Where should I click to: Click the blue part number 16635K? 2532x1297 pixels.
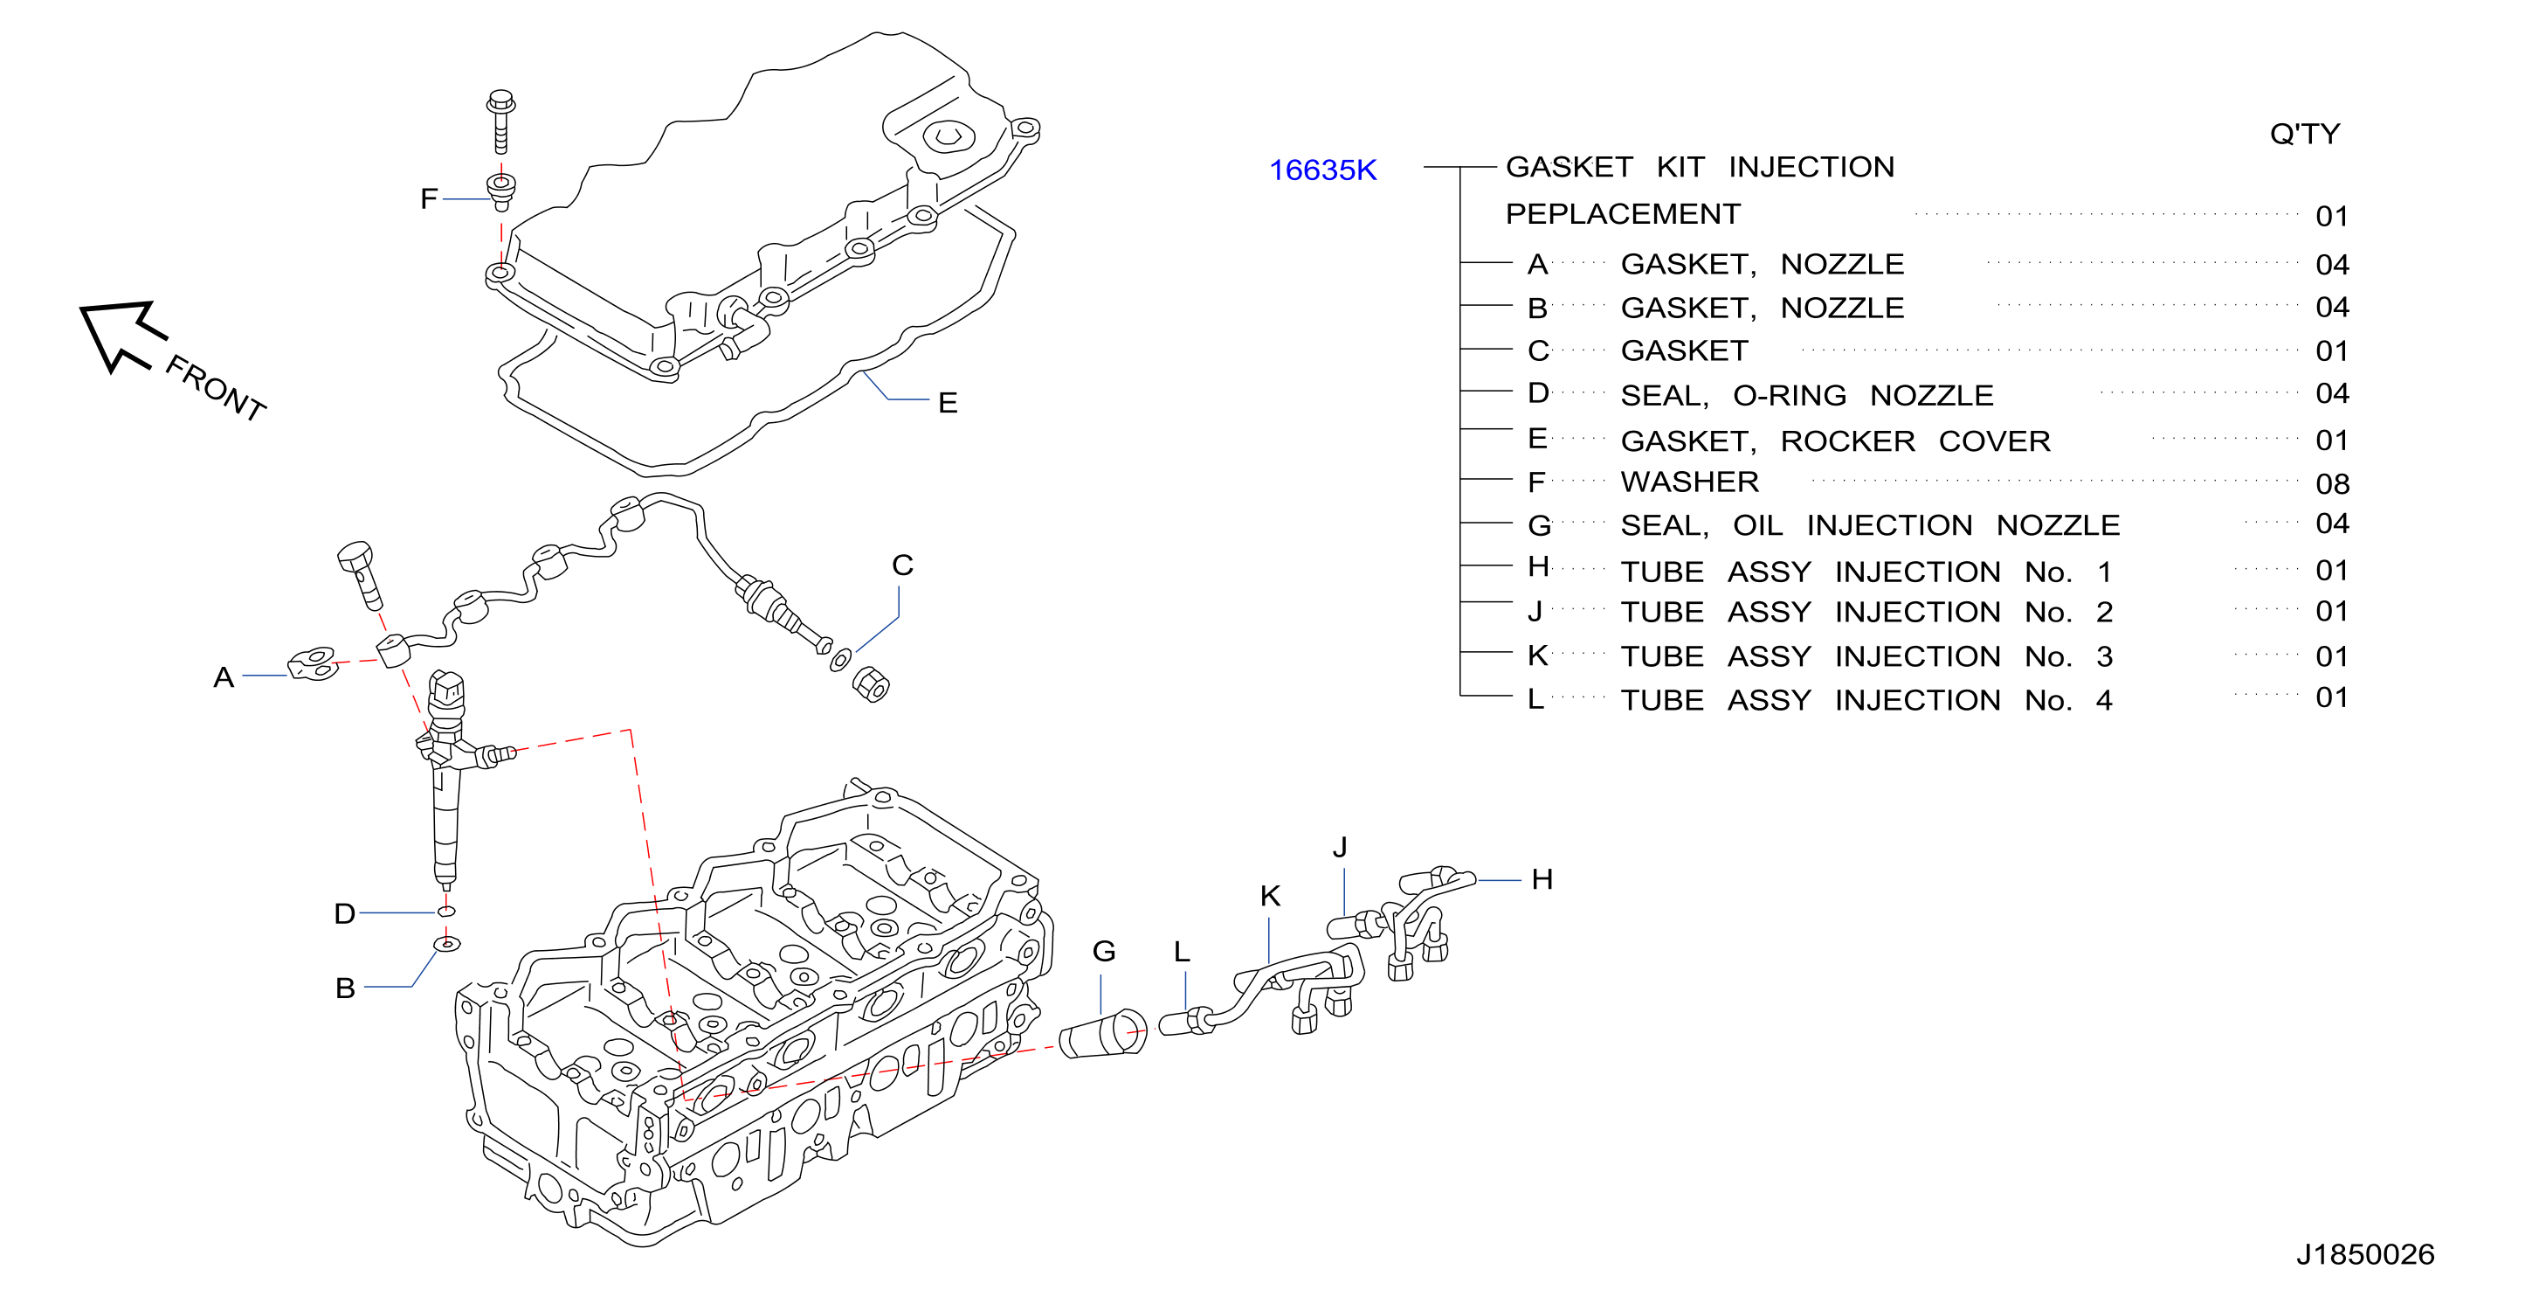1322,170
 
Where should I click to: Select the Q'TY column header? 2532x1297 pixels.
2305,134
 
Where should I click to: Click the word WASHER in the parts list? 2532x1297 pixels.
1690,482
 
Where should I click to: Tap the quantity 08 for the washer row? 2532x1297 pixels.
2333,484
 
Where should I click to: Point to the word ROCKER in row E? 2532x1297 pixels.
1848,440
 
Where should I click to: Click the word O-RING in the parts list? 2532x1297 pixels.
1790,395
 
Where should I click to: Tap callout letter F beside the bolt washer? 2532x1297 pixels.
429,198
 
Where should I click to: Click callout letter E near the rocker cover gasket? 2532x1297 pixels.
948,402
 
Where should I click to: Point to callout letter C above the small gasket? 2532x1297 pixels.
902,565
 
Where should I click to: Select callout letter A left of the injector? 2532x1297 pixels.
224,676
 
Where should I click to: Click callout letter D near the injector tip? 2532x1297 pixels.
344,913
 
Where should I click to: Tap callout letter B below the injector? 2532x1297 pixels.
345,988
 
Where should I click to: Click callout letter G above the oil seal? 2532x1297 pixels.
1104,951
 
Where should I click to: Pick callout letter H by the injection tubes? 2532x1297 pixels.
1542,879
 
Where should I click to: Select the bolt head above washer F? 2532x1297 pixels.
501,102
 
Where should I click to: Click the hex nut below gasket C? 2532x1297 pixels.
870,683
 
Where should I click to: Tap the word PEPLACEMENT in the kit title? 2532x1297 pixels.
1623,213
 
